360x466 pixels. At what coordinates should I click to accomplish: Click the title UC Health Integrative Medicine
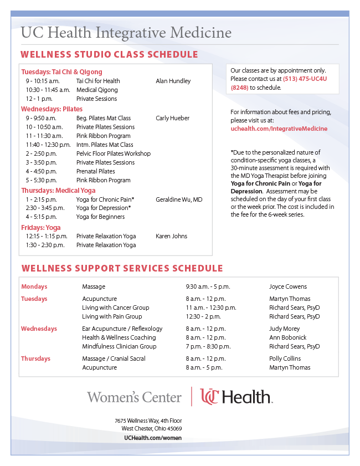click(x=126, y=33)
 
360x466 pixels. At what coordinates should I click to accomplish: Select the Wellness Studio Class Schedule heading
click(x=109, y=54)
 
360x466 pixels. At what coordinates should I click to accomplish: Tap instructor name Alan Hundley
click(x=173, y=81)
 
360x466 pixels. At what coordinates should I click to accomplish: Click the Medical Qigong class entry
click(x=97, y=90)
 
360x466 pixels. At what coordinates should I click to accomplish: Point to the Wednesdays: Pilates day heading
click(x=52, y=109)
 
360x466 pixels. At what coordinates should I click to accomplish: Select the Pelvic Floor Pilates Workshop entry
click(x=114, y=153)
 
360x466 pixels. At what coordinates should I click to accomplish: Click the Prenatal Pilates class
click(x=96, y=171)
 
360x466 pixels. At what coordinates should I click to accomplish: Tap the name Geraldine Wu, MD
click(x=179, y=199)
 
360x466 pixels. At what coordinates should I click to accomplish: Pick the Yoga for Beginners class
click(x=100, y=217)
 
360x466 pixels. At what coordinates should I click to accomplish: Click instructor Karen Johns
click(x=172, y=236)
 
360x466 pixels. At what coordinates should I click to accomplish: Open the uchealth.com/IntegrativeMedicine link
click(x=279, y=129)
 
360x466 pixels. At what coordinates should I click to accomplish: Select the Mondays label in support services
click(x=34, y=286)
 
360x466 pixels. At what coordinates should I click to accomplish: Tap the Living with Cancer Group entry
click(x=116, y=308)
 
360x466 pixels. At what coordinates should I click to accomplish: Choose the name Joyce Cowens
click(x=288, y=286)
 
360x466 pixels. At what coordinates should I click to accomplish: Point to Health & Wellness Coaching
click(x=119, y=337)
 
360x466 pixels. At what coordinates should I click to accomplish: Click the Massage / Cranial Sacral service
click(x=114, y=359)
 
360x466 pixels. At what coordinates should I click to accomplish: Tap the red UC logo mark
click(x=210, y=397)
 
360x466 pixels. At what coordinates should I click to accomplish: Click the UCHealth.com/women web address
click(x=152, y=438)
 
